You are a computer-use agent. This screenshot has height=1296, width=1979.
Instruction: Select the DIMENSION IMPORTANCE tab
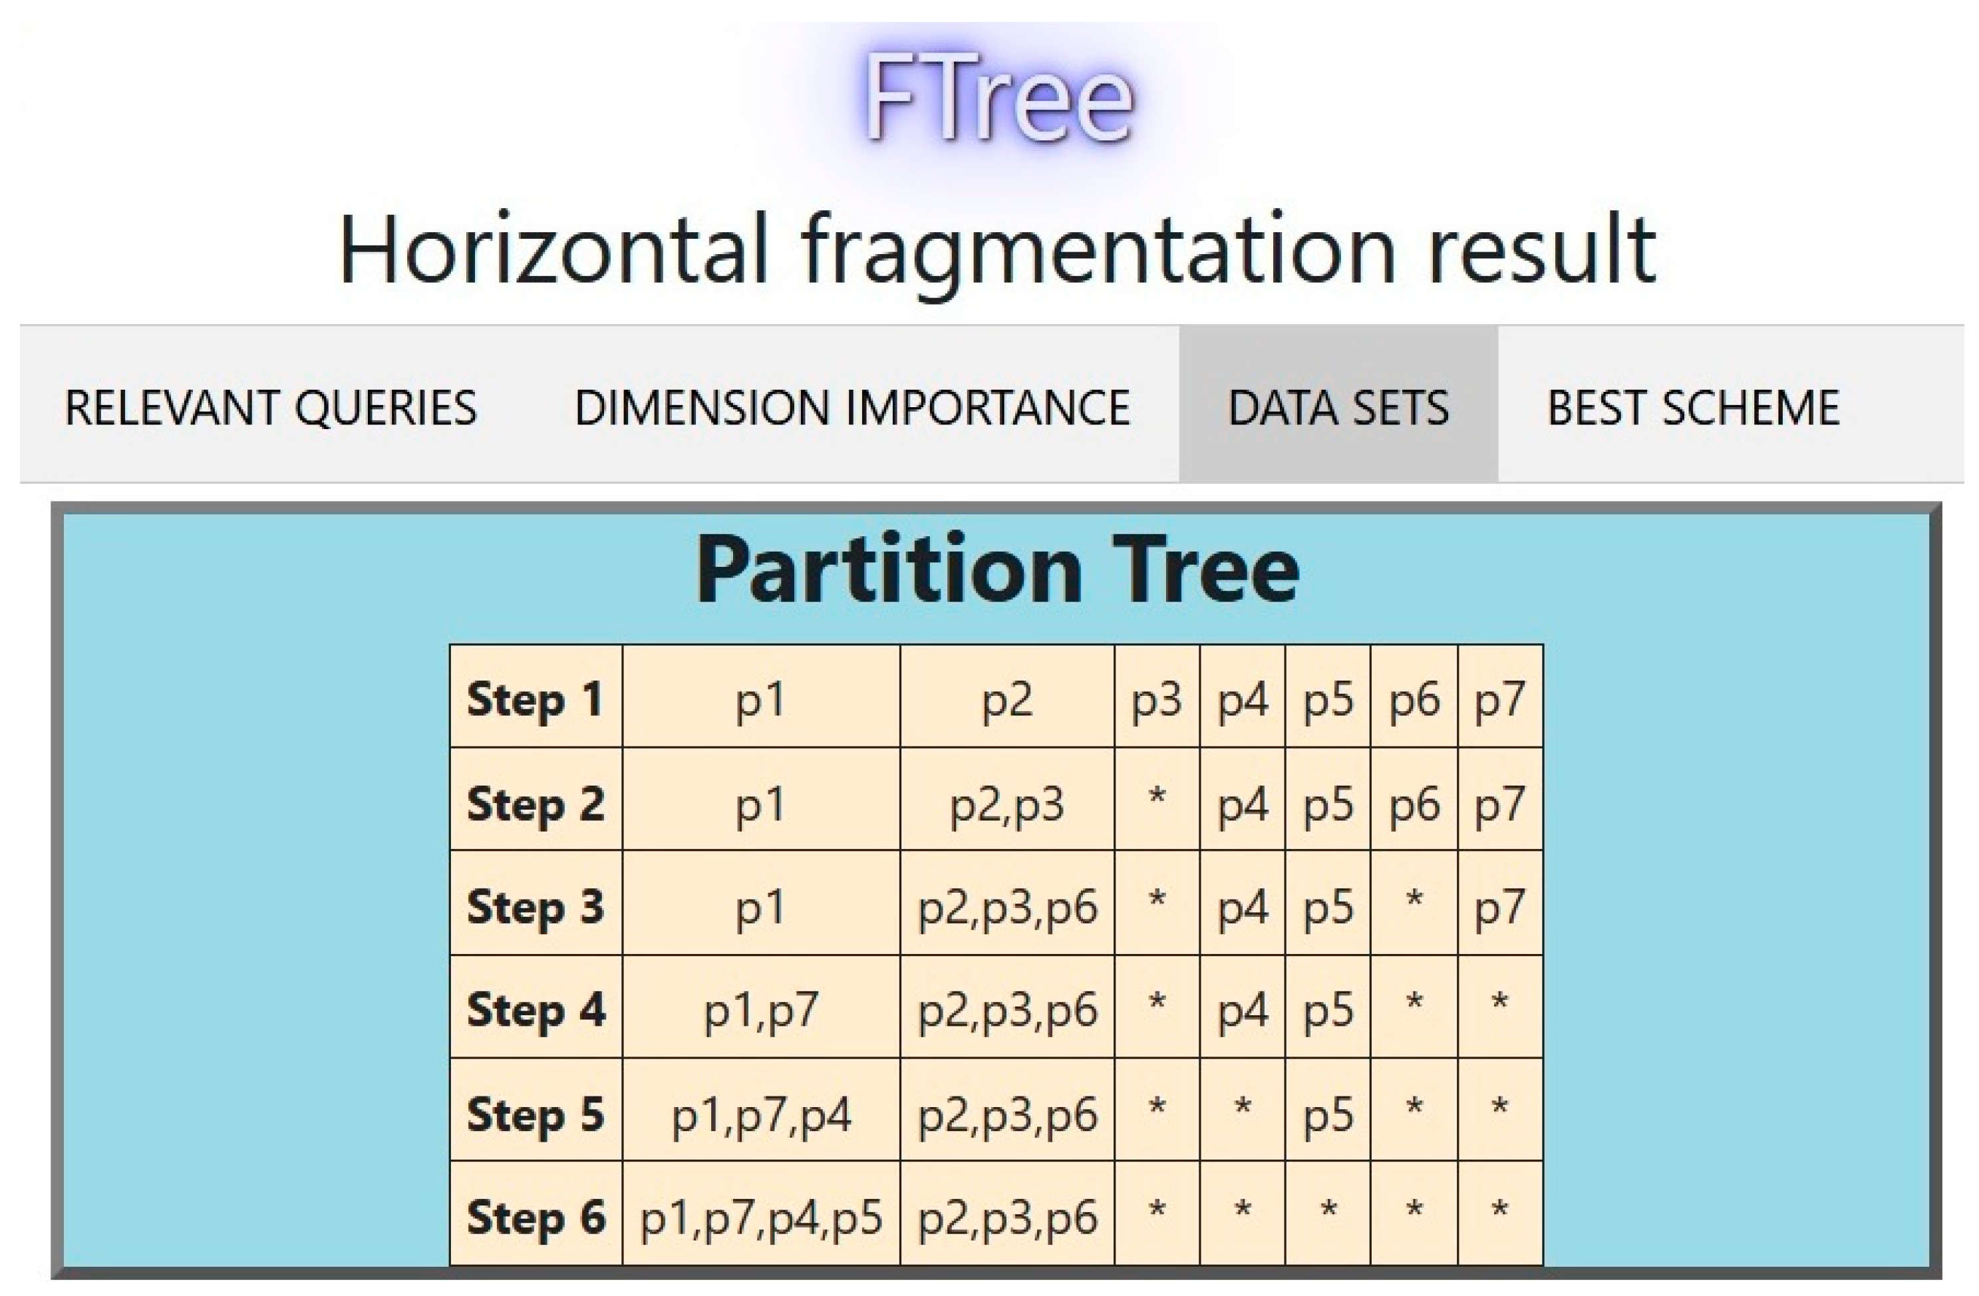[852, 408]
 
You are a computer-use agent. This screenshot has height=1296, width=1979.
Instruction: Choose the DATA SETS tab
[1338, 408]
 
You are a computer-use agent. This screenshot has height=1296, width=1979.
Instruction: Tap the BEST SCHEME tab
[1693, 408]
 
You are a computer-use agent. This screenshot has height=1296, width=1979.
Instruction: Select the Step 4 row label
[535, 1010]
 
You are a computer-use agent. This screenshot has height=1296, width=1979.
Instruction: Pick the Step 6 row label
[535, 1217]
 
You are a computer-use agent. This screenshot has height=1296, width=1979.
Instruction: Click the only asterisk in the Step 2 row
[1157, 797]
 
